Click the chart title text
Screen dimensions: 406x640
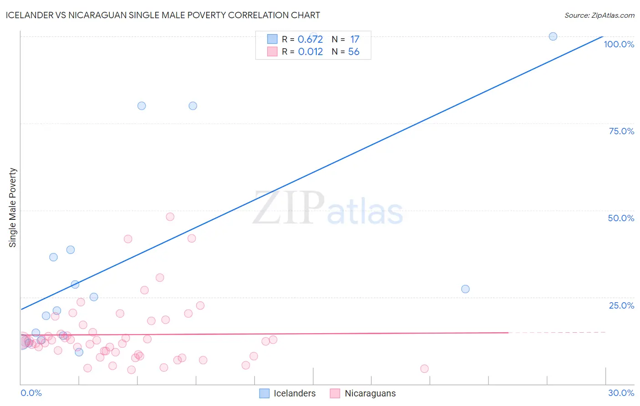pos(163,15)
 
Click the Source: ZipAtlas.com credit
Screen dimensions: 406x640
pos(599,15)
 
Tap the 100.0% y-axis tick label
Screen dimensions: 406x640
pos(619,44)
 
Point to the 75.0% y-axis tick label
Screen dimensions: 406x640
pos(621,131)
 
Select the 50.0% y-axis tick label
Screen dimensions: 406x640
pos(621,218)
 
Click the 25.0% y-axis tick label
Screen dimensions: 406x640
pos(621,305)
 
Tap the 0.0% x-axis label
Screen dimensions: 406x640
pos(31,393)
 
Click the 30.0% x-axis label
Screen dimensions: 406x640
pos(621,393)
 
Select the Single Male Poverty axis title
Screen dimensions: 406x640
pos(13,208)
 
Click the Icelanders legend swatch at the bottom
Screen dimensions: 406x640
pos(264,393)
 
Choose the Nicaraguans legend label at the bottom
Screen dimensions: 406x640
pos(370,393)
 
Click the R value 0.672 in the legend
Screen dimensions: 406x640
pos(310,40)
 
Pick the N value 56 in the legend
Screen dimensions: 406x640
pos(354,52)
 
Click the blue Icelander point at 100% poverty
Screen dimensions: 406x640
pos(553,36)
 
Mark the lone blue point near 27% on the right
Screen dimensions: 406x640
pos(465,289)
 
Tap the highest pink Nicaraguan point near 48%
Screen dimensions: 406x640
pos(170,217)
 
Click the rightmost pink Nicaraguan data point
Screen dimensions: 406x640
pos(424,369)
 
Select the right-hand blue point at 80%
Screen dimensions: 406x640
pos(193,106)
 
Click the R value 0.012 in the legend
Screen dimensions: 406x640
pos(310,52)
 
